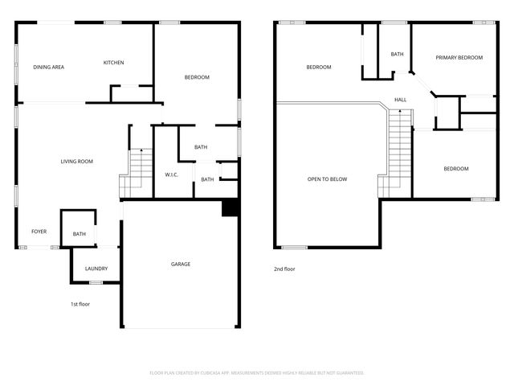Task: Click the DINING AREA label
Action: coord(48,67)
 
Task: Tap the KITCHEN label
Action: coord(113,63)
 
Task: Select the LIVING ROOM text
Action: coord(77,162)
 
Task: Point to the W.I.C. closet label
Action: coord(171,175)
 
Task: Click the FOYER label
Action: coord(39,232)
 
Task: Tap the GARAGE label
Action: coord(181,264)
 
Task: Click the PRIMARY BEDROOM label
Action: coord(459,58)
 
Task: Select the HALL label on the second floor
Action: coord(400,100)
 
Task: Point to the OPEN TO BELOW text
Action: coord(328,179)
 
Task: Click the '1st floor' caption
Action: coord(79,304)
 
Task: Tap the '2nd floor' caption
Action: coord(284,269)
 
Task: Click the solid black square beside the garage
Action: coord(230,207)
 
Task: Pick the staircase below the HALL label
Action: coord(398,153)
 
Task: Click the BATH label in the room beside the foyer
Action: coord(79,234)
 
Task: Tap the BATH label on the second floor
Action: coord(397,54)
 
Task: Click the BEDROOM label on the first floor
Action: coord(197,77)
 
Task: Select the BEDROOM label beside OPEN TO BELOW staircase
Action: coord(456,168)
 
